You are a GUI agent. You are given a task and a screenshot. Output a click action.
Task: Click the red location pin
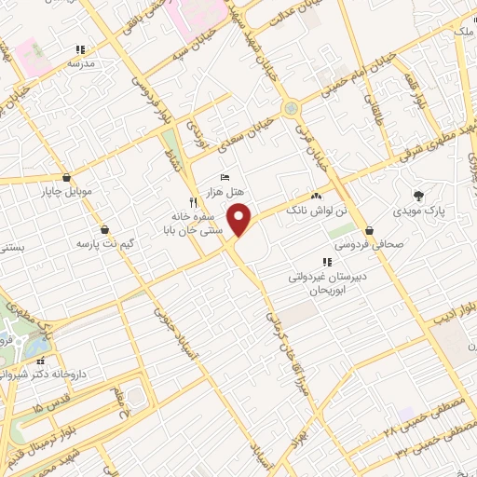click(x=240, y=220)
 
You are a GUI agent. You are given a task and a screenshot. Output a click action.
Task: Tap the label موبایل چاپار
click(x=67, y=194)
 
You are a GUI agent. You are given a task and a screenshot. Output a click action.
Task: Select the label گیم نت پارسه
click(x=103, y=244)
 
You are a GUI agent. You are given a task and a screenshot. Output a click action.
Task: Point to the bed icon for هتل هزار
click(x=224, y=177)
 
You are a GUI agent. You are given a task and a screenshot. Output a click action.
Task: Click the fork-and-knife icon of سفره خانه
click(x=193, y=201)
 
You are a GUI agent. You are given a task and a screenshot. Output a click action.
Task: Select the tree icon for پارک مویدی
click(x=419, y=197)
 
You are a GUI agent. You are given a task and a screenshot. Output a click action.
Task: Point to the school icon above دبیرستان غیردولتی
click(x=327, y=263)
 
